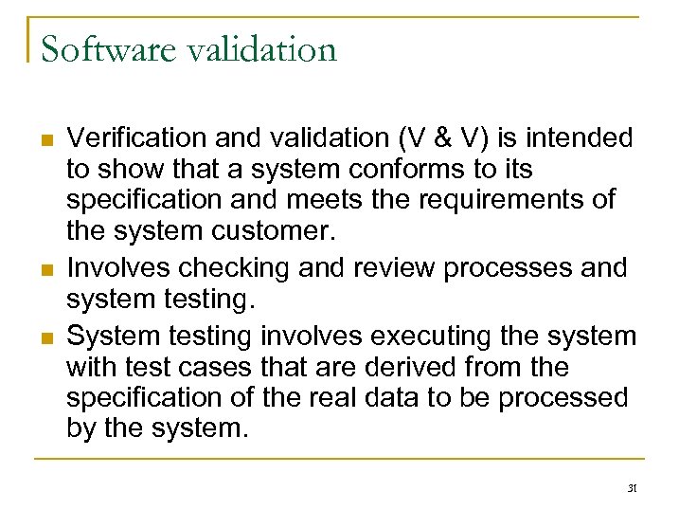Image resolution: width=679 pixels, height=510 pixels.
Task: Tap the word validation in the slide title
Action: click(259, 48)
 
